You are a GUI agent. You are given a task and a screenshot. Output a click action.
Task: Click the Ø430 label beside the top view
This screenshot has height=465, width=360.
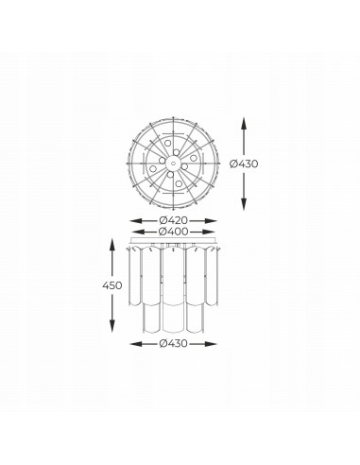[x=244, y=164]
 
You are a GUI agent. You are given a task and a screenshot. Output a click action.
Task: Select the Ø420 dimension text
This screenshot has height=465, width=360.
[x=173, y=220]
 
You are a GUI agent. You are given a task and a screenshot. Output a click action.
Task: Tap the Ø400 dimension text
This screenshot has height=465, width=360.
[x=174, y=232]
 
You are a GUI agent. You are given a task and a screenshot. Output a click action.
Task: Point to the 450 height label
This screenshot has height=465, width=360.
[x=111, y=285]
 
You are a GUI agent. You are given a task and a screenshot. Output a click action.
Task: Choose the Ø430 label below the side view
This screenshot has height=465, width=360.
[x=173, y=343]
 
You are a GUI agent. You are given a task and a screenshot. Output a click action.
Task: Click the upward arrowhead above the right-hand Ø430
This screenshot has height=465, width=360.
[x=244, y=123]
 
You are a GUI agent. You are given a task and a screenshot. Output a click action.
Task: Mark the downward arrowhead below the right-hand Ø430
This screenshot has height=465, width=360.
[x=244, y=204]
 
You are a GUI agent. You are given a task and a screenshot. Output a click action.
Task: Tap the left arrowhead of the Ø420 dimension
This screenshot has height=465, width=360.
[x=135, y=221]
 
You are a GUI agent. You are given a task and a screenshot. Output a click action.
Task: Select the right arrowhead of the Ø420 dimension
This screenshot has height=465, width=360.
[x=212, y=221]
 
